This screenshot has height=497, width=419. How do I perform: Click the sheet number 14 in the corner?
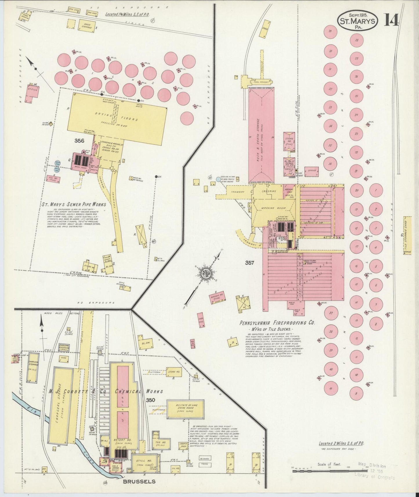tap(391, 21)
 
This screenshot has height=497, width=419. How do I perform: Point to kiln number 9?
tap(356, 393)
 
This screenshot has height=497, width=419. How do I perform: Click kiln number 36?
tap(330, 164)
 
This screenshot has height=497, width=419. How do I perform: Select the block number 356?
tap(79, 141)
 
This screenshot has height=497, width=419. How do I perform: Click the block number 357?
tap(250, 263)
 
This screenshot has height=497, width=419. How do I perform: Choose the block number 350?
tap(151, 400)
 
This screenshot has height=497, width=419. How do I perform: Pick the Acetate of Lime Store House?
tap(185, 409)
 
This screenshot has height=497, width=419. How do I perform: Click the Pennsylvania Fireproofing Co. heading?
tap(277, 322)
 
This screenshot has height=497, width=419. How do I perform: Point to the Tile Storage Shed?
tap(407, 235)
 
